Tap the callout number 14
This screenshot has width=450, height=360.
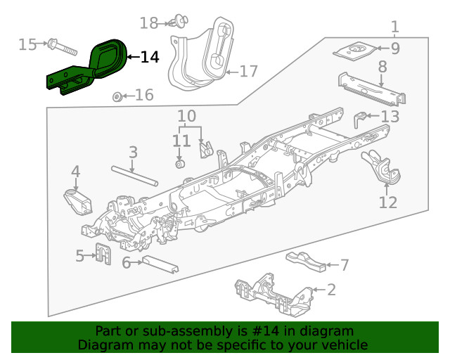click(150, 57)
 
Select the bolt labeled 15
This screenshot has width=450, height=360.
click(62, 47)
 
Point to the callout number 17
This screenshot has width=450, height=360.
click(249, 71)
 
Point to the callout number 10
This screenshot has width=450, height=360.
click(186, 115)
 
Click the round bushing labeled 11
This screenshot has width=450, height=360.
click(179, 165)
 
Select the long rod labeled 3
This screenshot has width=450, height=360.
click(133, 175)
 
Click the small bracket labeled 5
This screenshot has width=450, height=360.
click(103, 255)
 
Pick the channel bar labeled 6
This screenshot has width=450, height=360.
click(160, 265)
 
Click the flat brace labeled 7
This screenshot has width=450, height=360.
click(307, 259)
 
